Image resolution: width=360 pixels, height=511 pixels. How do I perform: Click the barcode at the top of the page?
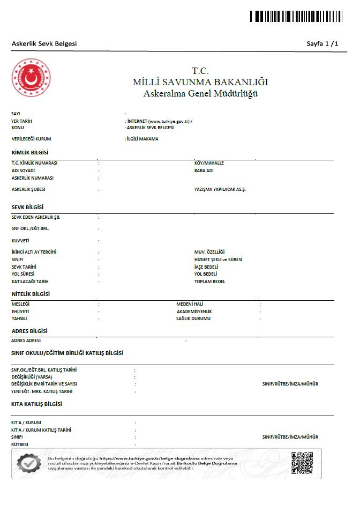click(296, 16)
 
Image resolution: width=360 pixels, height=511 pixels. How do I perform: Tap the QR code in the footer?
click(302, 463)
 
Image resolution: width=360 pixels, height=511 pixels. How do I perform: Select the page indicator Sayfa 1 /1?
click(322, 43)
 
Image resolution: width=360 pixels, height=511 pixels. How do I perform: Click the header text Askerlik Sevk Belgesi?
click(44, 43)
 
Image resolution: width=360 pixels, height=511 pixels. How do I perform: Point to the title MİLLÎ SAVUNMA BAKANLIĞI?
click(200, 83)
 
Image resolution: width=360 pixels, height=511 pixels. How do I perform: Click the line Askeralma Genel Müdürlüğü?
click(200, 94)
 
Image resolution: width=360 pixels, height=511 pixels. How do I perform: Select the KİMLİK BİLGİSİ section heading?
click(30, 152)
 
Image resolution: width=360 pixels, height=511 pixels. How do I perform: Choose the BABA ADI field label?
click(204, 171)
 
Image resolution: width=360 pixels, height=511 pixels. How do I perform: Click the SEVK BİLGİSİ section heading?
click(27, 207)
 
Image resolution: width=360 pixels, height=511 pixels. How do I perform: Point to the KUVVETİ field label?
click(20, 241)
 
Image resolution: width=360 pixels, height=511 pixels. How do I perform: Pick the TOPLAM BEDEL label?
click(209, 281)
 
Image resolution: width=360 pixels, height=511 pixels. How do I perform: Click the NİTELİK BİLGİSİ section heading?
click(31, 294)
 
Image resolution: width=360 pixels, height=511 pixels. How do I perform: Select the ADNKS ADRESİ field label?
click(26, 340)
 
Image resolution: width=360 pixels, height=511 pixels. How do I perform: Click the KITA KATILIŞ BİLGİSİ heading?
click(36, 404)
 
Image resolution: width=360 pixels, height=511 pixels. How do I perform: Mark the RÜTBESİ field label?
click(20, 445)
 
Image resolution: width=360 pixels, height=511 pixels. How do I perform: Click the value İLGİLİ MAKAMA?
click(142, 139)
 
